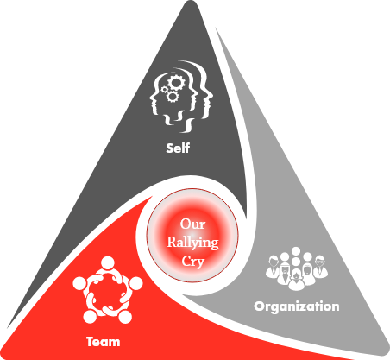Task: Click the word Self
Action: (x=178, y=148)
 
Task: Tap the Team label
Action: (x=104, y=342)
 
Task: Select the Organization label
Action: (x=297, y=306)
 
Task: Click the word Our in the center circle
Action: (x=192, y=224)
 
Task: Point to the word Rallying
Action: (x=192, y=243)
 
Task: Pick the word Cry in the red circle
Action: (x=192, y=262)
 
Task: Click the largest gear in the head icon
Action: (x=176, y=83)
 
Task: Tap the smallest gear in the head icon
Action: (x=165, y=90)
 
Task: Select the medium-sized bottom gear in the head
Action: (x=173, y=97)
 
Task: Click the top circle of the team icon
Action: (x=108, y=263)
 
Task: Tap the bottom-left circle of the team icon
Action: (x=90, y=316)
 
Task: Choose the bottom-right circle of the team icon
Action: (x=125, y=316)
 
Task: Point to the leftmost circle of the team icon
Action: (x=79, y=283)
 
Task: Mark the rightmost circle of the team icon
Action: (x=135, y=283)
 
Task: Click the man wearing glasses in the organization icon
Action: (x=320, y=268)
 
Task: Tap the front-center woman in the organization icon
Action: (x=297, y=280)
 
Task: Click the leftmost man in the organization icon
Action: (x=274, y=268)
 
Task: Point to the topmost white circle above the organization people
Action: (x=296, y=251)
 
